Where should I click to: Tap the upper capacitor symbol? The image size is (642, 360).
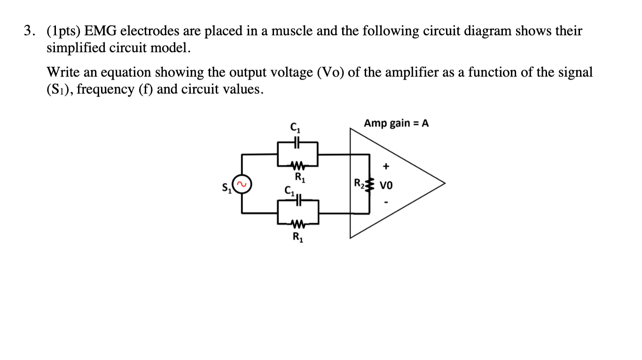coord(298,141)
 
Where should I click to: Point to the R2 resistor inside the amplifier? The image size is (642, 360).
coord(368,184)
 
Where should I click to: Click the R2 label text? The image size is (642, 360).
coord(358,182)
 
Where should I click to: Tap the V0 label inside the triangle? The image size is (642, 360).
coord(385,185)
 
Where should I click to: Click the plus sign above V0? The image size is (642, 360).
coord(386,166)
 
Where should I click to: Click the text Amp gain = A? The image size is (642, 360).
coord(396,123)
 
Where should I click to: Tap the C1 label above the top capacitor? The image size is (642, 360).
coord(296,126)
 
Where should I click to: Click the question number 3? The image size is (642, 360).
coord(29,31)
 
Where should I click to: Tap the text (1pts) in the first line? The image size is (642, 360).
coord(63,31)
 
